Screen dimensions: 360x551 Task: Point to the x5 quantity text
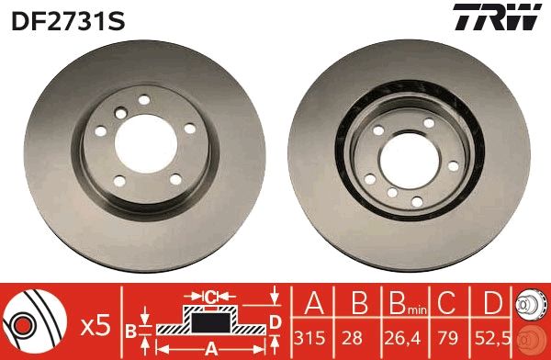click(x=96, y=325)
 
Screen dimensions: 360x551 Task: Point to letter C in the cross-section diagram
click(x=209, y=296)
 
